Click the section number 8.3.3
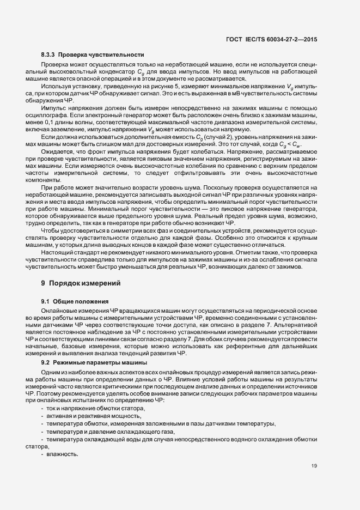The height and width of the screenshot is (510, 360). pos(48,54)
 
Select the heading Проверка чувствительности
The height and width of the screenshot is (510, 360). pos(101,54)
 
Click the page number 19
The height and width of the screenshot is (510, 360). pos(314,465)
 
